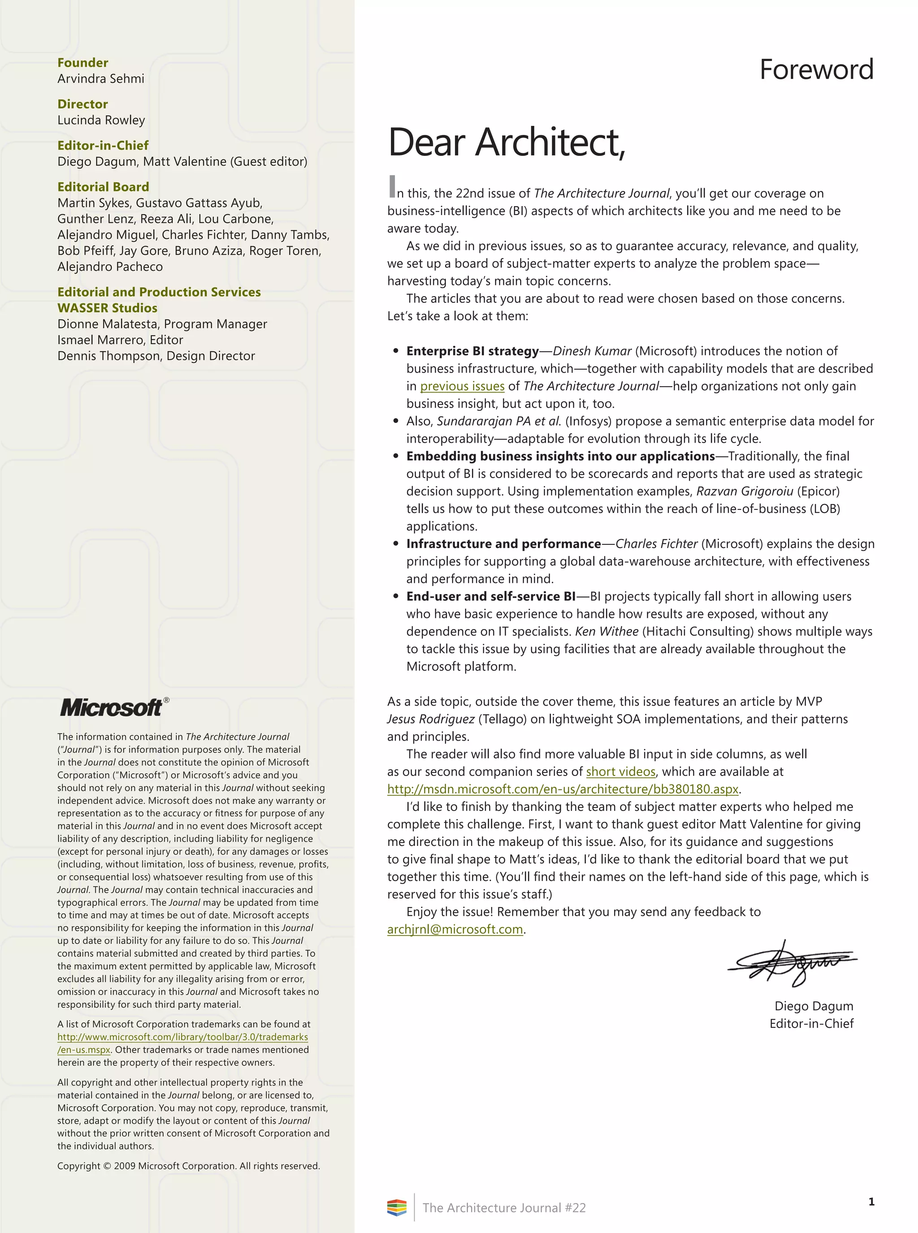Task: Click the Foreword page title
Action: click(816, 70)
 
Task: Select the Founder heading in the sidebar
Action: click(83, 63)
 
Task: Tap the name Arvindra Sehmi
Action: click(100, 79)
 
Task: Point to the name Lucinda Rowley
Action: click(101, 120)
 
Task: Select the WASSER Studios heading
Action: click(107, 308)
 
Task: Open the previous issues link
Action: click(462, 386)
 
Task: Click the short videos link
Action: click(620, 772)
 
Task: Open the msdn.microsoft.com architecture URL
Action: click(563, 789)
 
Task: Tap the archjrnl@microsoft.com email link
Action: click(455, 929)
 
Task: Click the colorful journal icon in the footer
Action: click(397, 1207)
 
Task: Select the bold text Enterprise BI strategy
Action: click(472, 351)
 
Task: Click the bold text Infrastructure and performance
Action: click(503, 544)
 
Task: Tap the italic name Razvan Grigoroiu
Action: click(744, 491)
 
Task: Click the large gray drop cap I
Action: click(392, 187)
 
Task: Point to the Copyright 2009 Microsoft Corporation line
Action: click(188, 1166)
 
